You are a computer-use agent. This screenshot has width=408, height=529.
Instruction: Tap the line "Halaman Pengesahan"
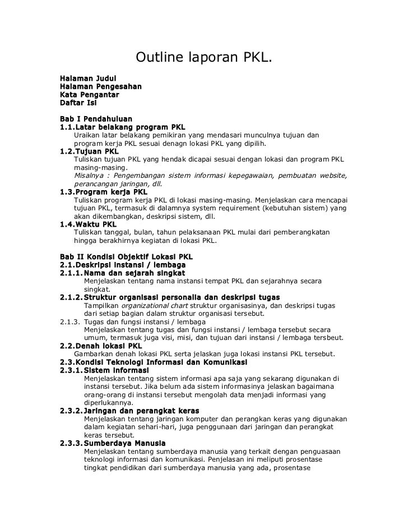[100, 87]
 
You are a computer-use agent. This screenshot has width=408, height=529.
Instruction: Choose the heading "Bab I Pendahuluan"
[96, 119]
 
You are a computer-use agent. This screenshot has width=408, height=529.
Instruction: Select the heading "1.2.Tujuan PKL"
[89, 151]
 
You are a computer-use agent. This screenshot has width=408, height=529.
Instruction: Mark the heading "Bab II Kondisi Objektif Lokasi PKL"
[126, 257]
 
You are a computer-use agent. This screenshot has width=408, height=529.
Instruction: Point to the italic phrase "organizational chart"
[153, 306]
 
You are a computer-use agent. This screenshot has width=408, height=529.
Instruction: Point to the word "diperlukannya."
[109, 402]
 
